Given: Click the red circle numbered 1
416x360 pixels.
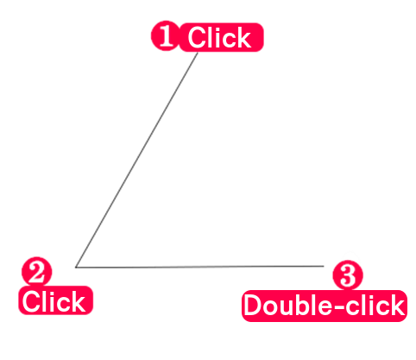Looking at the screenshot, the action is click(x=165, y=35).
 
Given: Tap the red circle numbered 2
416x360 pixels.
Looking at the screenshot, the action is click(x=37, y=271).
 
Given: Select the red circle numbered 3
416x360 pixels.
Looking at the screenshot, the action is click(x=348, y=275).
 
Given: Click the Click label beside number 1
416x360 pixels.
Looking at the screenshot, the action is click(x=221, y=37).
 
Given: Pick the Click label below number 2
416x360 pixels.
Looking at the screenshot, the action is click(x=55, y=300).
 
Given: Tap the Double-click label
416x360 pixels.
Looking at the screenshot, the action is click(x=325, y=306).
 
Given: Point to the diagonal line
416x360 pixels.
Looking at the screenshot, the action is click(x=137, y=160).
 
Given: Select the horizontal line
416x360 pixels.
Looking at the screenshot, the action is click(x=199, y=267).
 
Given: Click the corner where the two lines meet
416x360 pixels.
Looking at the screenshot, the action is click(x=76, y=268).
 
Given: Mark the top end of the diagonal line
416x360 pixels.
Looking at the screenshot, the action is click(x=198, y=53).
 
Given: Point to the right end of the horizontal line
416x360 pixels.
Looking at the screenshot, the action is click(x=324, y=266).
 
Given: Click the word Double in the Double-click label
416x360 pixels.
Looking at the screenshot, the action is click(x=286, y=305).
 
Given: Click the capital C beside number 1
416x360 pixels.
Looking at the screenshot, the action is click(x=198, y=37).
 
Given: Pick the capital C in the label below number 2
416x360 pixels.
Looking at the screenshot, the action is click(x=32, y=301).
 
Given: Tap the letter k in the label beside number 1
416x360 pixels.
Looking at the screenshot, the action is click(x=244, y=37).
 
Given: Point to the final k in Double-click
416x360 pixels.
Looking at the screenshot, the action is click(x=396, y=305).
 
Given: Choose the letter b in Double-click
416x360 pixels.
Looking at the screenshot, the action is click(x=304, y=305).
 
